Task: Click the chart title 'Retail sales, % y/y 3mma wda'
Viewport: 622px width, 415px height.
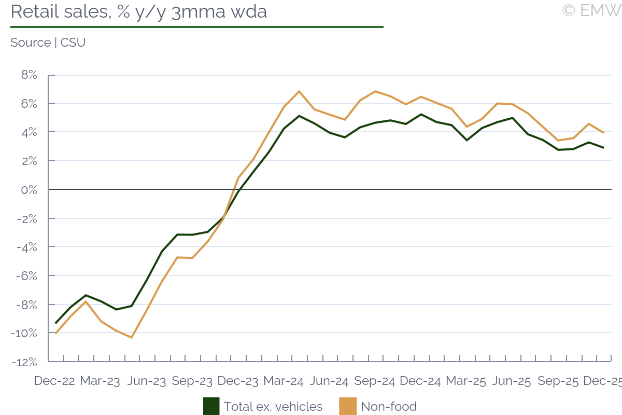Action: click(138, 11)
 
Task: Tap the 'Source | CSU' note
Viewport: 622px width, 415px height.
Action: click(48, 43)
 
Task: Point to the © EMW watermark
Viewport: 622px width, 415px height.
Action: click(591, 10)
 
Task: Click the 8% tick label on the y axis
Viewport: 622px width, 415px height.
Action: click(29, 75)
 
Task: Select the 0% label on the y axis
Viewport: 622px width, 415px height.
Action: click(29, 190)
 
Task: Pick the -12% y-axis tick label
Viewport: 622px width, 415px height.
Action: click(25, 362)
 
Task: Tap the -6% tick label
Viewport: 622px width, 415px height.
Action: click(26, 275)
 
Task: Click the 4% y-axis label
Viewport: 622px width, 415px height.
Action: click(29, 132)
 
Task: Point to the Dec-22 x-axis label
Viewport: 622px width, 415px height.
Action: click(54, 381)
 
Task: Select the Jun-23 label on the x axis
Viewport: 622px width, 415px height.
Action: click(146, 381)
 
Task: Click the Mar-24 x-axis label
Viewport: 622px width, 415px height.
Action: click(283, 381)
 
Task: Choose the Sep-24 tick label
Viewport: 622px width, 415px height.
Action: click(374, 381)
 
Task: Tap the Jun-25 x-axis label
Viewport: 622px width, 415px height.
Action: click(511, 381)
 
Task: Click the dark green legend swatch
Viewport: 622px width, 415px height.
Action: click(211, 406)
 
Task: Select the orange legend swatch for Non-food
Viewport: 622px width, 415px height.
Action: click(348, 406)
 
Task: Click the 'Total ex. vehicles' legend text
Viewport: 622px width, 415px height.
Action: click(273, 407)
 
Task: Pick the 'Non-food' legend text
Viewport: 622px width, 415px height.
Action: click(389, 407)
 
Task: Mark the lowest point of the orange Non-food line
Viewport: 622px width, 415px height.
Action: click(132, 338)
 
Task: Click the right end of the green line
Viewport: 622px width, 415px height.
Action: click(603, 148)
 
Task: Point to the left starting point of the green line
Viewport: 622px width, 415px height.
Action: click(55, 323)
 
